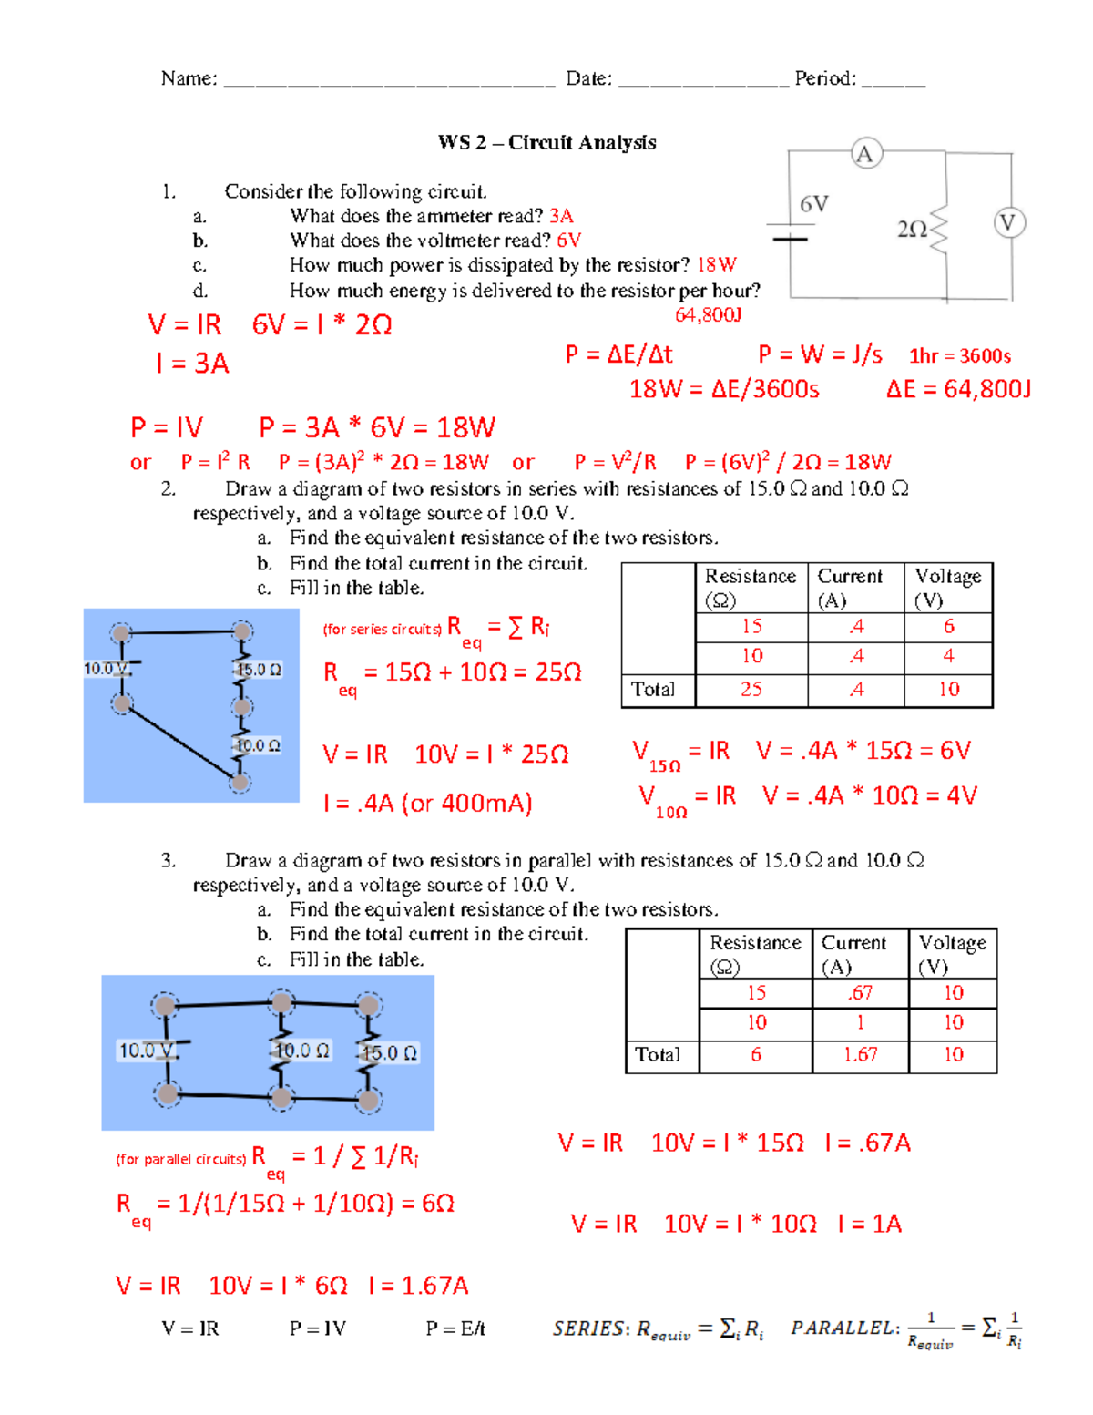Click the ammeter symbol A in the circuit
tap(864, 154)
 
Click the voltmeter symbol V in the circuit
tap(1007, 222)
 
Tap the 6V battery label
tap(813, 204)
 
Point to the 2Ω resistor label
tap(912, 230)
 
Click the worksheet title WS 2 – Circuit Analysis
tap(546, 142)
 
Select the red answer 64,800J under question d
tap(708, 315)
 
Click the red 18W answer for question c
tap(716, 265)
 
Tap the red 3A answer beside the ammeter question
tap(561, 216)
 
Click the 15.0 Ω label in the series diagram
tap(259, 670)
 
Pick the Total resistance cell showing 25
tap(751, 690)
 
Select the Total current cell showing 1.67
tap(860, 1055)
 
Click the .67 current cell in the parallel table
tap(860, 993)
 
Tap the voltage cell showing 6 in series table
tap(948, 627)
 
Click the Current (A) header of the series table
tap(849, 588)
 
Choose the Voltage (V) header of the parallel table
tap(952, 954)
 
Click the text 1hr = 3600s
tap(960, 356)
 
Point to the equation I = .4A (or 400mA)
tap(427, 804)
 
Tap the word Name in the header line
tap(188, 79)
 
